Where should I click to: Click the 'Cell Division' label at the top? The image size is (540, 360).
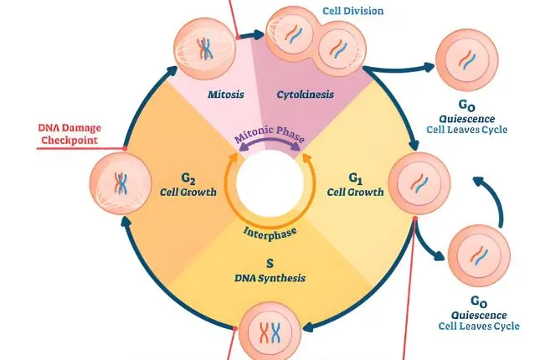tap(353, 11)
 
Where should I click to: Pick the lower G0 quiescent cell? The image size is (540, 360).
tap(476, 259)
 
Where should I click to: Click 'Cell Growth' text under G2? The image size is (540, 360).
tap(188, 192)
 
